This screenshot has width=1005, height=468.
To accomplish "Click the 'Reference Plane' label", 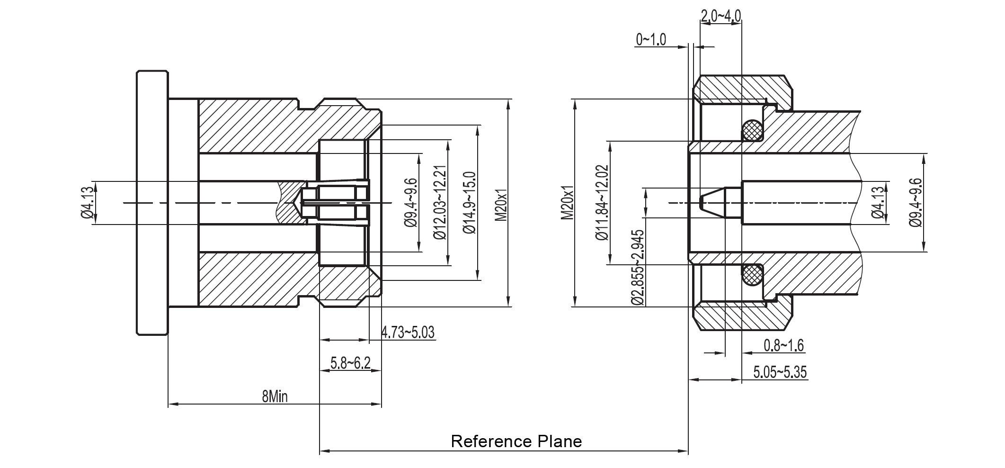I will pyautogui.click(x=516, y=441).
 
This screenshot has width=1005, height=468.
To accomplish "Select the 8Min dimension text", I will pyautogui.click(x=275, y=396).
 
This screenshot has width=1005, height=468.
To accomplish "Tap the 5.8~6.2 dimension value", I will pyautogui.click(x=350, y=363).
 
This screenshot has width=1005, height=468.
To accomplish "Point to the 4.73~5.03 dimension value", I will pyautogui.click(x=408, y=333).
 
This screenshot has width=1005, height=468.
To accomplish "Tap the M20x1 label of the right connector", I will pyautogui.click(x=568, y=203).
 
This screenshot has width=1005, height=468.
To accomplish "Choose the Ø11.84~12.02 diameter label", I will pyautogui.click(x=602, y=203).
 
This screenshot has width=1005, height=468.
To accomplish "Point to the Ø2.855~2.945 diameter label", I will pyautogui.click(x=637, y=268).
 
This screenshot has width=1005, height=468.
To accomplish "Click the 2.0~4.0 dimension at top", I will pyautogui.click(x=720, y=16).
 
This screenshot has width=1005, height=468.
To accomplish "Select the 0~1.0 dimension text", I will pyautogui.click(x=651, y=40).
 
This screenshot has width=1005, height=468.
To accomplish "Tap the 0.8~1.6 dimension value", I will pyautogui.click(x=783, y=345).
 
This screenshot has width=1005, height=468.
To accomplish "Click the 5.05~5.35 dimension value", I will pyautogui.click(x=780, y=372).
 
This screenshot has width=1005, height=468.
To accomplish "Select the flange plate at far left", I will pyautogui.click(x=152, y=203).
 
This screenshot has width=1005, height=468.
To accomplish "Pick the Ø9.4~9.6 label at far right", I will pyautogui.click(x=916, y=203).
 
